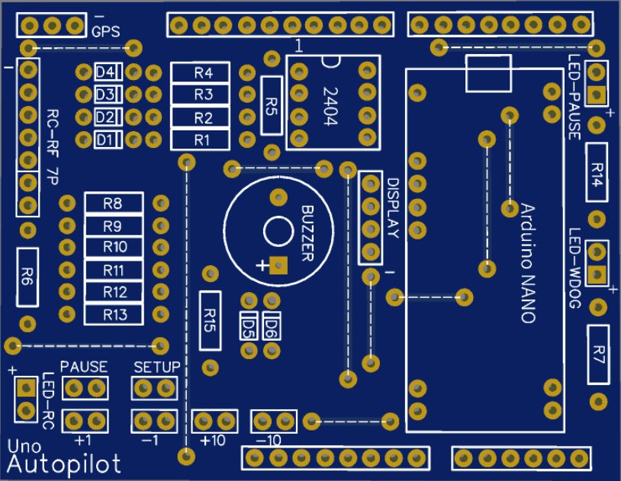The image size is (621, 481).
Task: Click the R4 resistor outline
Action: (202, 73)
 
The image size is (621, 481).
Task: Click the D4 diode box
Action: (105, 72)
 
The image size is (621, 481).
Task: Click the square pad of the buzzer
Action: (278, 265)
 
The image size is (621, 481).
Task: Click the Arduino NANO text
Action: (527, 263)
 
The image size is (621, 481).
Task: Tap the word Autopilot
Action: (66, 464)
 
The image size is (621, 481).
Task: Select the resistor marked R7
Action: (599, 354)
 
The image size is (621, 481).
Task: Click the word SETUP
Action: (156, 367)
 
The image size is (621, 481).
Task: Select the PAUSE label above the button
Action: (84, 367)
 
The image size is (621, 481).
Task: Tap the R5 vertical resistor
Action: (271, 105)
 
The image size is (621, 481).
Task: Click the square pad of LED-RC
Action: (27, 387)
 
